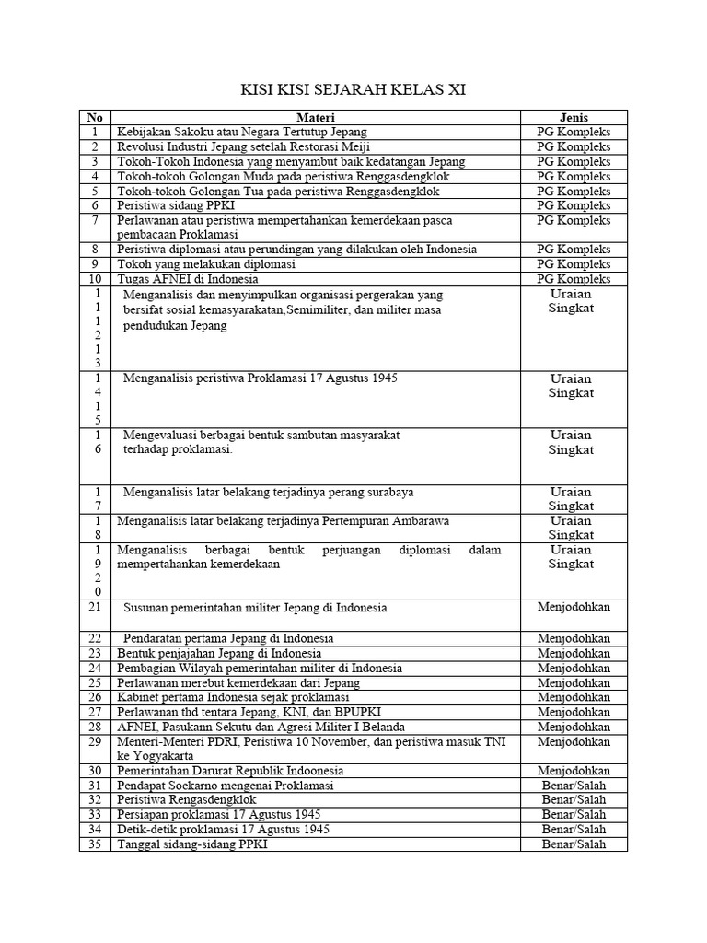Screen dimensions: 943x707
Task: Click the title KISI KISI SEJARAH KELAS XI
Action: click(353, 90)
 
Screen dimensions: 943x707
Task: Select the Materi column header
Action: click(315, 117)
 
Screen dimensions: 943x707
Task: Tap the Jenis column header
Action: click(574, 117)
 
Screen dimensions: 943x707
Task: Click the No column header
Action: click(94, 117)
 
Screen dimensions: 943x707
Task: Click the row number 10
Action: click(94, 279)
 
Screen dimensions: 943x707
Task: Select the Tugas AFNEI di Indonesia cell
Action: click(187, 279)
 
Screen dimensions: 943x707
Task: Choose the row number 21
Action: click(94, 608)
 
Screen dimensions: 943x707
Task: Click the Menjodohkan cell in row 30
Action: click(574, 770)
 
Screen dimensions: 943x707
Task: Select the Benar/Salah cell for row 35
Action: click(574, 844)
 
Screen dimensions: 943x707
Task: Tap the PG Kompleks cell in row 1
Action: click(574, 132)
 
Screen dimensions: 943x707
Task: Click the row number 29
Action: click(94, 741)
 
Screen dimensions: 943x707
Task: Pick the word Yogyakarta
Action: click(157, 755)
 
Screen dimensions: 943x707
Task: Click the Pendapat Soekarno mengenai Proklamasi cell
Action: click(226, 785)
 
